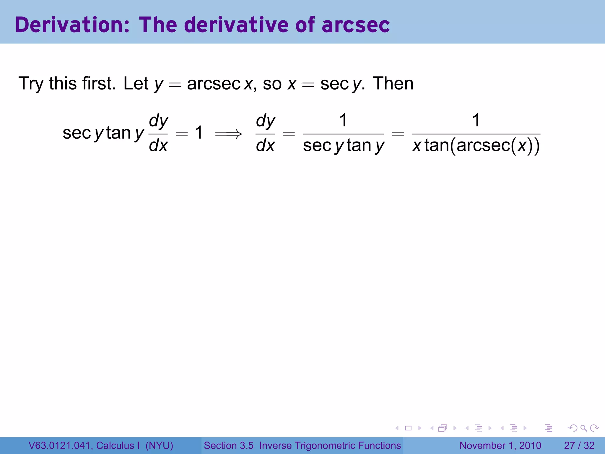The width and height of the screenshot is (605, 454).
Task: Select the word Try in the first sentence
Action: point(31,84)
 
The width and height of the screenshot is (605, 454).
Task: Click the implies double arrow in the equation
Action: point(228,134)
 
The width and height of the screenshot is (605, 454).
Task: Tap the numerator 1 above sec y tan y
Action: point(343,120)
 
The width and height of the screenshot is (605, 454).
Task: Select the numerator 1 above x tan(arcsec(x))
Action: point(476,120)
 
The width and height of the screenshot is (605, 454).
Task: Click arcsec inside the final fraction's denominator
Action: point(483,146)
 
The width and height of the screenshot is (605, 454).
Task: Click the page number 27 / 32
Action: point(579,445)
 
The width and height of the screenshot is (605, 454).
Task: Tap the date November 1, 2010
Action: point(500,445)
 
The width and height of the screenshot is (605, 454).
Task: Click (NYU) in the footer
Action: point(159,445)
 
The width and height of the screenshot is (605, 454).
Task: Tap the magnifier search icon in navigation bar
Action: point(583,428)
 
